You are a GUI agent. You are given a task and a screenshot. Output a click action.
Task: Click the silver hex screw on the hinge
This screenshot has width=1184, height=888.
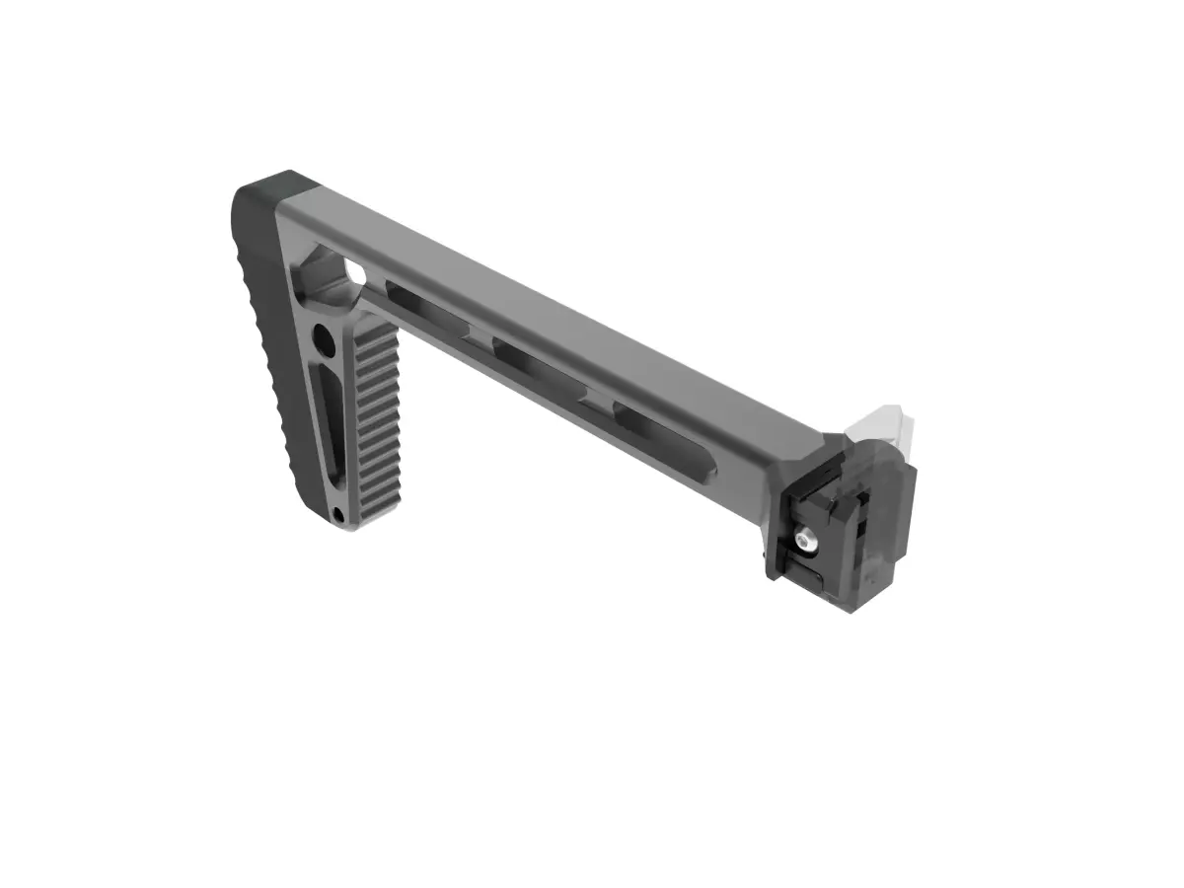(807, 539)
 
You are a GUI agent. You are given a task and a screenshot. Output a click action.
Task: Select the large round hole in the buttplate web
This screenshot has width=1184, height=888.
(323, 342)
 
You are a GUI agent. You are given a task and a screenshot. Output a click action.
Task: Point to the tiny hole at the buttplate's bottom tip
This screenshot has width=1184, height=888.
(338, 514)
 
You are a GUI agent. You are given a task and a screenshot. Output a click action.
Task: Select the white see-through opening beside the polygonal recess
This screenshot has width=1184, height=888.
(354, 270)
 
